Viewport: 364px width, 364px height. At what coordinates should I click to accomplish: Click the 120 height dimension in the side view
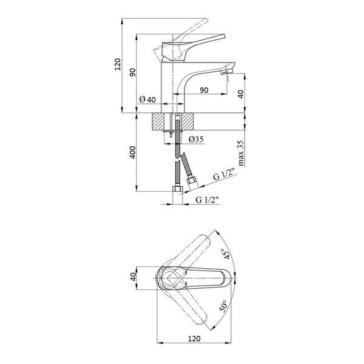pos(118,64)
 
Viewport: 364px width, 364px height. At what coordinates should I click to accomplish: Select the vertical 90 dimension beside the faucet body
pos(132,72)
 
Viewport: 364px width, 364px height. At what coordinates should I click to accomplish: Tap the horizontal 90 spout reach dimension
pos(204,90)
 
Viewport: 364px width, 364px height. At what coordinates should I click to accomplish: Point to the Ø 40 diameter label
pos(147,99)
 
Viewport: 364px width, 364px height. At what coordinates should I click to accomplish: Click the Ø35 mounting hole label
pos(196,140)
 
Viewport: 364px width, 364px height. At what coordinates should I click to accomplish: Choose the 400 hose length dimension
pos(132,152)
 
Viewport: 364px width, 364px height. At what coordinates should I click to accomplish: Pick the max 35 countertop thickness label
pos(241,153)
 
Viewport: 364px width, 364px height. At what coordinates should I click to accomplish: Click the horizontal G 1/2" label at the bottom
pos(207,200)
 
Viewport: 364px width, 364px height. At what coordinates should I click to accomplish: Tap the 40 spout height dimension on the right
pos(241,94)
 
